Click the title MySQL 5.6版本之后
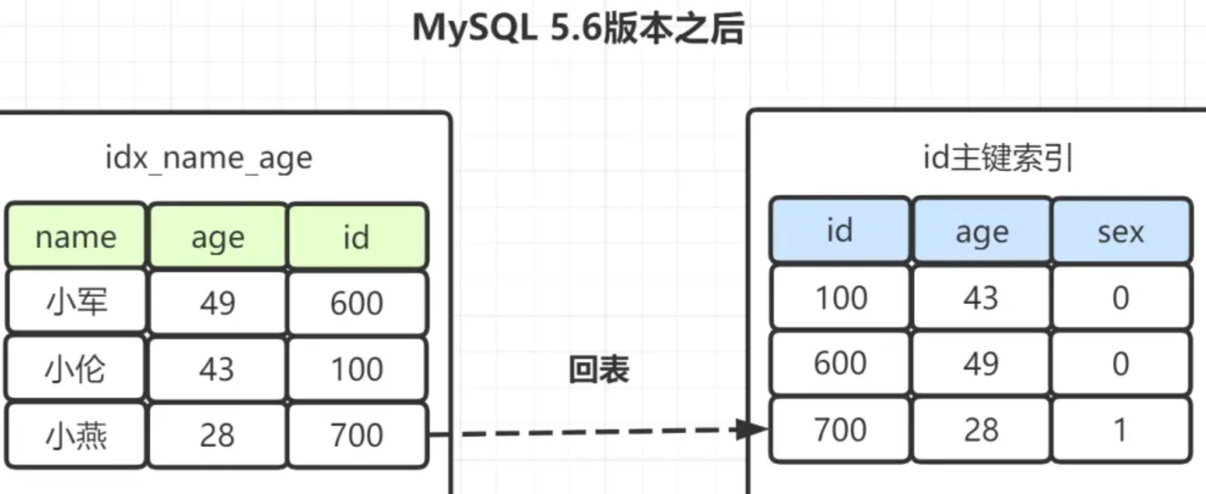[577, 28]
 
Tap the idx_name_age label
[209, 158]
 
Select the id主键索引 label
[997, 158]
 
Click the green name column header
[76, 236]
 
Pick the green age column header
[218, 236]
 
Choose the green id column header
[357, 236]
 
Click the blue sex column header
[1121, 231]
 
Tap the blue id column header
[840, 231]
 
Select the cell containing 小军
[76, 302]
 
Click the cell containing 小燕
[76, 435]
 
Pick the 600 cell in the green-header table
[357, 302]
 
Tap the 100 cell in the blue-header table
[841, 298]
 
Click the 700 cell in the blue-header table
[840, 429]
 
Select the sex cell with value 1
[1121, 429]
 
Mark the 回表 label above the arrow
[599, 369]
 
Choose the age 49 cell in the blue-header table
[981, 363]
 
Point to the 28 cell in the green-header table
[217, 435]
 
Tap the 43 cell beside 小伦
[217, 368]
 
